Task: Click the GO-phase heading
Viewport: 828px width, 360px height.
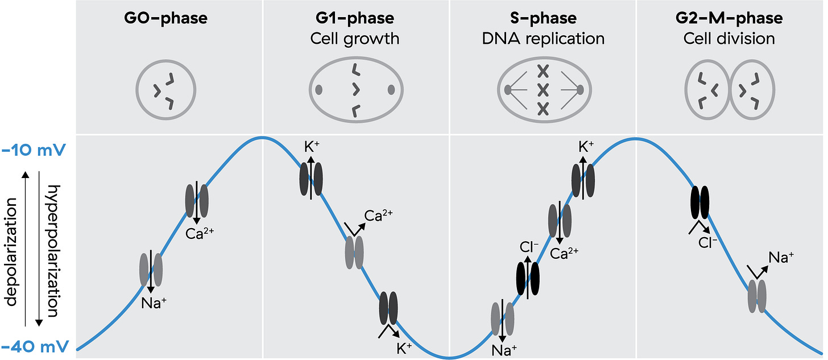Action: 166,18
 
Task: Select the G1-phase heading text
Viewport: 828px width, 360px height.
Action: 355,18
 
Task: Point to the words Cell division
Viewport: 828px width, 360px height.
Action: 730,39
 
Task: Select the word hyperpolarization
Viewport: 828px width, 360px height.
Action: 53,250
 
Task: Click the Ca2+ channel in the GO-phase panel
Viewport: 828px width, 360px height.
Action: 197,200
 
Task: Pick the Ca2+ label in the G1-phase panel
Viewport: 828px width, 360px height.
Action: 378,216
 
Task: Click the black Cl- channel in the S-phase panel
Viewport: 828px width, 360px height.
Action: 527,278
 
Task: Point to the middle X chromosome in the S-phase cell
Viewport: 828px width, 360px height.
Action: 543,90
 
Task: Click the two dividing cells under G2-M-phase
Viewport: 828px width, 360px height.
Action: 730,90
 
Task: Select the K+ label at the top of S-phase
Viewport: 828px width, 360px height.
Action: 586,147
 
